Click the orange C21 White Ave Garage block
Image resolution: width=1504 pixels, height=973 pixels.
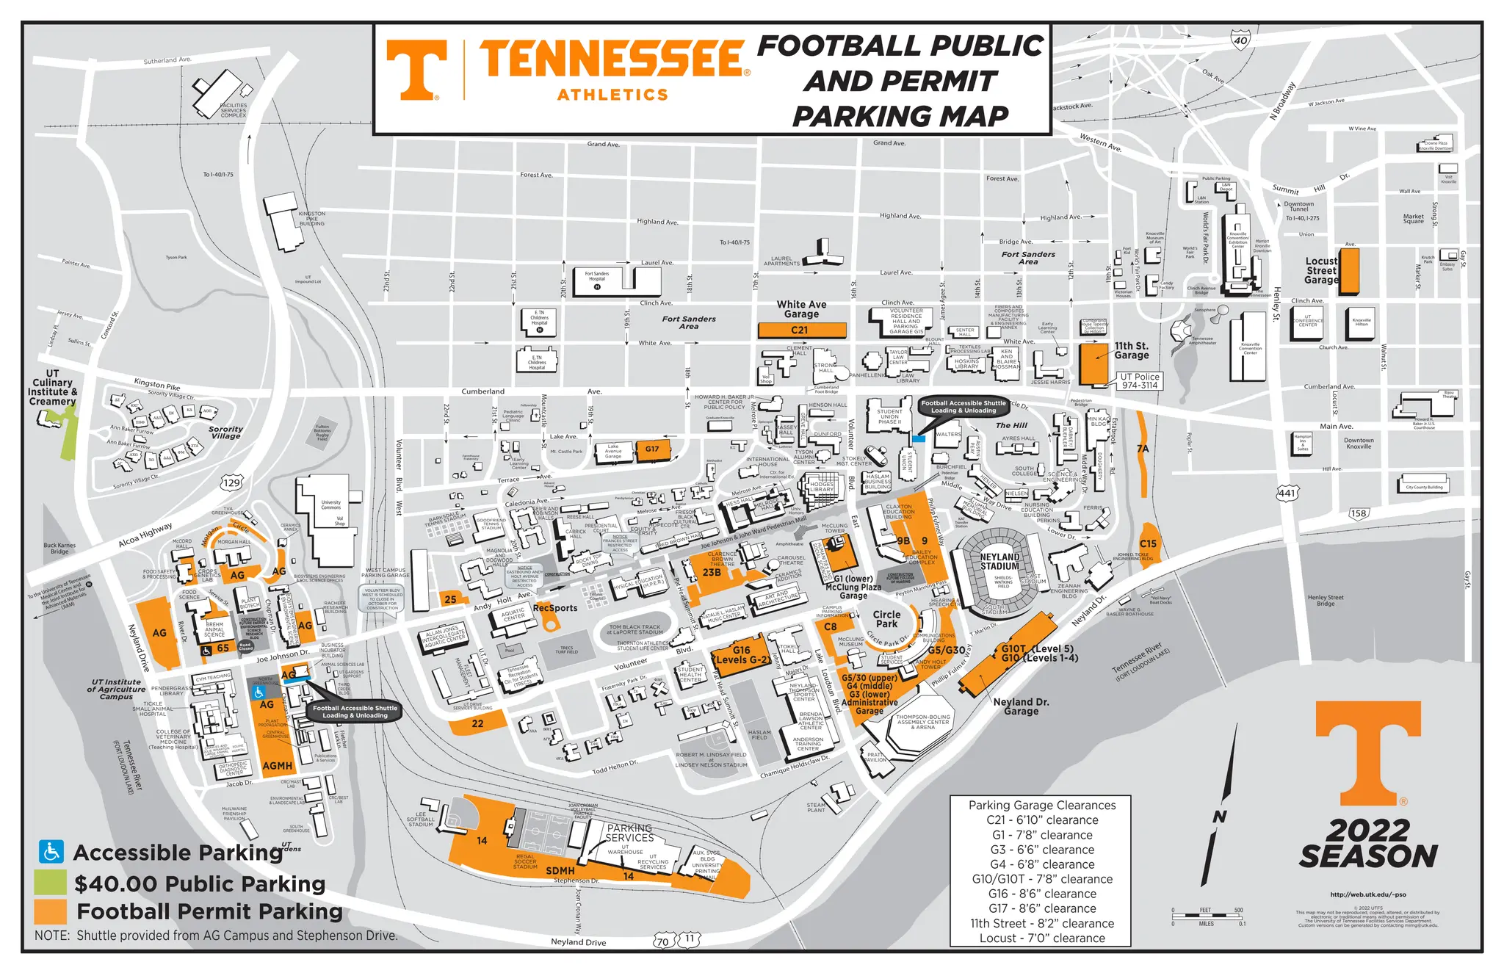[x=801, y=330]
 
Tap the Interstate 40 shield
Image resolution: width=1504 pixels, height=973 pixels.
[x=1240, y=40]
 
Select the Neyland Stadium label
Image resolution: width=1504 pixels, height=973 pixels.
[x=999, y=562]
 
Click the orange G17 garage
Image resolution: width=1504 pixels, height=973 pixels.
[x=652, y=449]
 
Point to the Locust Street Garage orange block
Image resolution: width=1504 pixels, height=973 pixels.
[x=1349, y=271]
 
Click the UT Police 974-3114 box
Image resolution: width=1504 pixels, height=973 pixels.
[x=1139, y=380]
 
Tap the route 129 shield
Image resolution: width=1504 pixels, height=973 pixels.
[x=232, y=482]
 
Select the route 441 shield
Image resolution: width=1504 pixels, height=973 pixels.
[x=1287, y=493]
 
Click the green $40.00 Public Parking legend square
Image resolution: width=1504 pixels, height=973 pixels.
[x=50, y=882]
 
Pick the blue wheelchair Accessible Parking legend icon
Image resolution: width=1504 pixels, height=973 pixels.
[x=51, y=852]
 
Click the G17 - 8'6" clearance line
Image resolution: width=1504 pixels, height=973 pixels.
[x=1042, y=908]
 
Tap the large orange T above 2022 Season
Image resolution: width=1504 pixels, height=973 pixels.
[x=1367, y=753]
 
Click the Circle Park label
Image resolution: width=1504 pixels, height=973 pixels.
[x=886, y=619]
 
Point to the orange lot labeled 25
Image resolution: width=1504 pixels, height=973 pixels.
[x=450, y=598]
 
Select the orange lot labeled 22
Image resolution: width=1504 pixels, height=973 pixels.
[x=477, y=724]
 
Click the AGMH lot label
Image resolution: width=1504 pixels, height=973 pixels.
[x=278, y=766]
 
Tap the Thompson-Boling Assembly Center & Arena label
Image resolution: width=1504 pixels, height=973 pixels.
[x=923, y=722]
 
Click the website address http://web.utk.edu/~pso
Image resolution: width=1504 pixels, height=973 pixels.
[x=1367, y=894]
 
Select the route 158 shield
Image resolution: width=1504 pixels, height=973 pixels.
[x=1358, y=513]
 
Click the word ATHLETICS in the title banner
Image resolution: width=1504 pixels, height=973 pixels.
[x=612, y=95]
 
